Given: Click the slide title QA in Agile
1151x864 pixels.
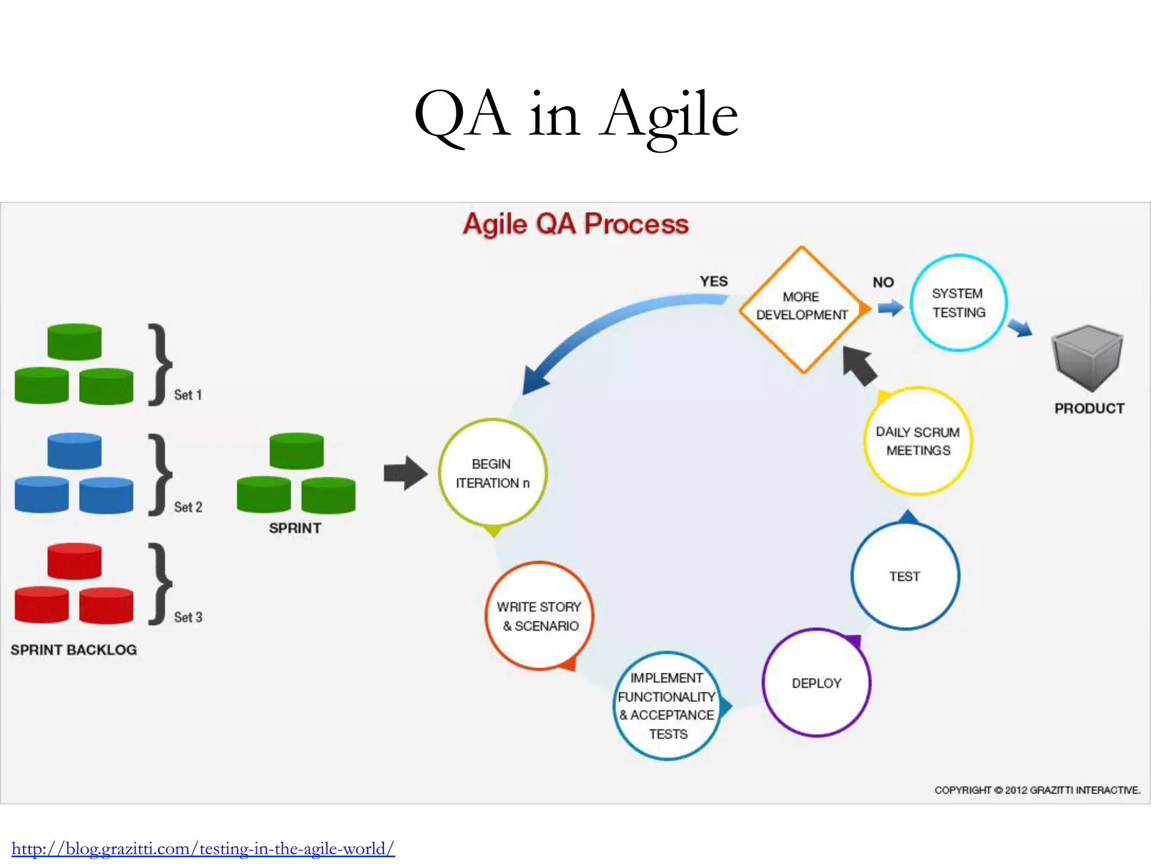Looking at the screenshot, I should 575,115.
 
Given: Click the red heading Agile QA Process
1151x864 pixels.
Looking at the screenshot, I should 575,224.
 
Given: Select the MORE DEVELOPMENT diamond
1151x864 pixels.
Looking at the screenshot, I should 802,309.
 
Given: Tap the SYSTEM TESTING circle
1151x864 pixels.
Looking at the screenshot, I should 958,303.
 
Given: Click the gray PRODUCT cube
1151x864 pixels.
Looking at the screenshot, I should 1087,358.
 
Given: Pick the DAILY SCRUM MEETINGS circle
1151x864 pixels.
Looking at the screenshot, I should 918,441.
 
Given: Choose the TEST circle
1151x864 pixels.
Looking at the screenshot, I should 905,576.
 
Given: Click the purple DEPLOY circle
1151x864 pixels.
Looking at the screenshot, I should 816,683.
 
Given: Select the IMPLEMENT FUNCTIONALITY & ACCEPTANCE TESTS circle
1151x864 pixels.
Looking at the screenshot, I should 667,705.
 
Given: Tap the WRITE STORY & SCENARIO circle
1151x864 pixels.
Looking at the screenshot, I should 539,616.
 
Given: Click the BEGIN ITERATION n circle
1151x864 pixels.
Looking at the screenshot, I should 492,473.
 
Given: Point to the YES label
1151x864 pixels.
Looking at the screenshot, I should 713,281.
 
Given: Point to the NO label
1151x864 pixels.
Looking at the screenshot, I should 883,282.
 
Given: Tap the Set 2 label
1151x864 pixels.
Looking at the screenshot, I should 188,507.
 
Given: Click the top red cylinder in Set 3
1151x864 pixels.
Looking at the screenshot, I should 74,560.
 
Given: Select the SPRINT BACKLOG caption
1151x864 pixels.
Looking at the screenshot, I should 74,650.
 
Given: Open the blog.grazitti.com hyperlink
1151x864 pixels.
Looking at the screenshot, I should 203,848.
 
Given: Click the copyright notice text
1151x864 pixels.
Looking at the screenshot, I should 1037,790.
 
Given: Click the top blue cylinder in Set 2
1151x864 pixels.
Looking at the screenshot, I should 74,450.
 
